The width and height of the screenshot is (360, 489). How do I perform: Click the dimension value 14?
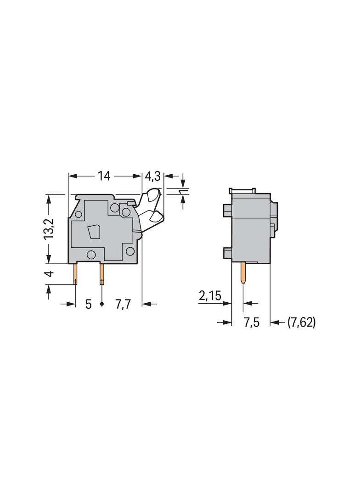coord(104,176)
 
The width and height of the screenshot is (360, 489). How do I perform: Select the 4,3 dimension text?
coord(153,176)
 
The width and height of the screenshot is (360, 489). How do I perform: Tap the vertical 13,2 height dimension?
coord(50,228)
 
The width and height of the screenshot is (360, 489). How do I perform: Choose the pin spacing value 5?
coord(88,304)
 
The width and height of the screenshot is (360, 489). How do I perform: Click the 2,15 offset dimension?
coord(210,296)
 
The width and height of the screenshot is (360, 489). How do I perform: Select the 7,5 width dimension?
coord(251,322)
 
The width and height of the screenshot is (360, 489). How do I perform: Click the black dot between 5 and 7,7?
coord(102,304)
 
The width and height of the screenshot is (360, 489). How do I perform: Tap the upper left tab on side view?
coord(227,210)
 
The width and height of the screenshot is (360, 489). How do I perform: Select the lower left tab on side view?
coord(227,252)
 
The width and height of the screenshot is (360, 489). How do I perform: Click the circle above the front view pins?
coord(91,255)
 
